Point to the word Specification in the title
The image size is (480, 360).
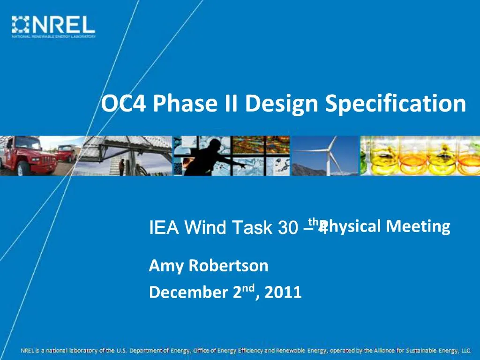(x=396, y=104)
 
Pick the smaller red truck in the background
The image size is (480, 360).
(x=66, y=153)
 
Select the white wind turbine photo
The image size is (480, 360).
(x=326, y=156)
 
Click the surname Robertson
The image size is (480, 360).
(x=228, y=266)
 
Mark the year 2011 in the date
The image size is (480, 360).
(x=283, y=292)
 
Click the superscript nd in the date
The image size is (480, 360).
(x=249, y=288)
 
